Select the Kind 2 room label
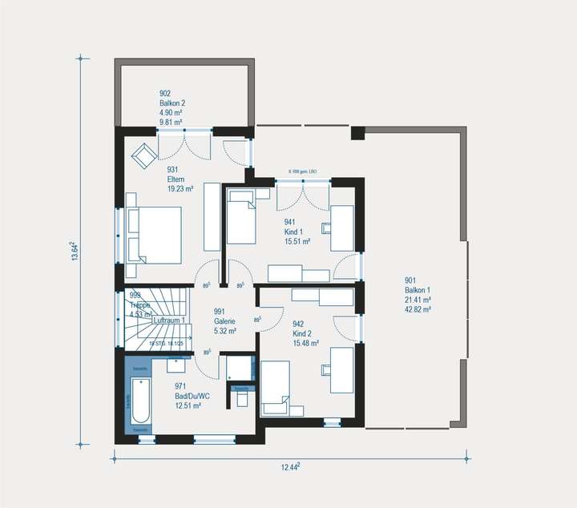coord(305,329)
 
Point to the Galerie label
coord(225,321)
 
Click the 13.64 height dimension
coord(75,251)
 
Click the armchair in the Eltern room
coord(145,154)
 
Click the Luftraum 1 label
coord(169,321)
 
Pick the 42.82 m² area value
coord(418,308)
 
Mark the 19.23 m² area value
coord(180,190)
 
